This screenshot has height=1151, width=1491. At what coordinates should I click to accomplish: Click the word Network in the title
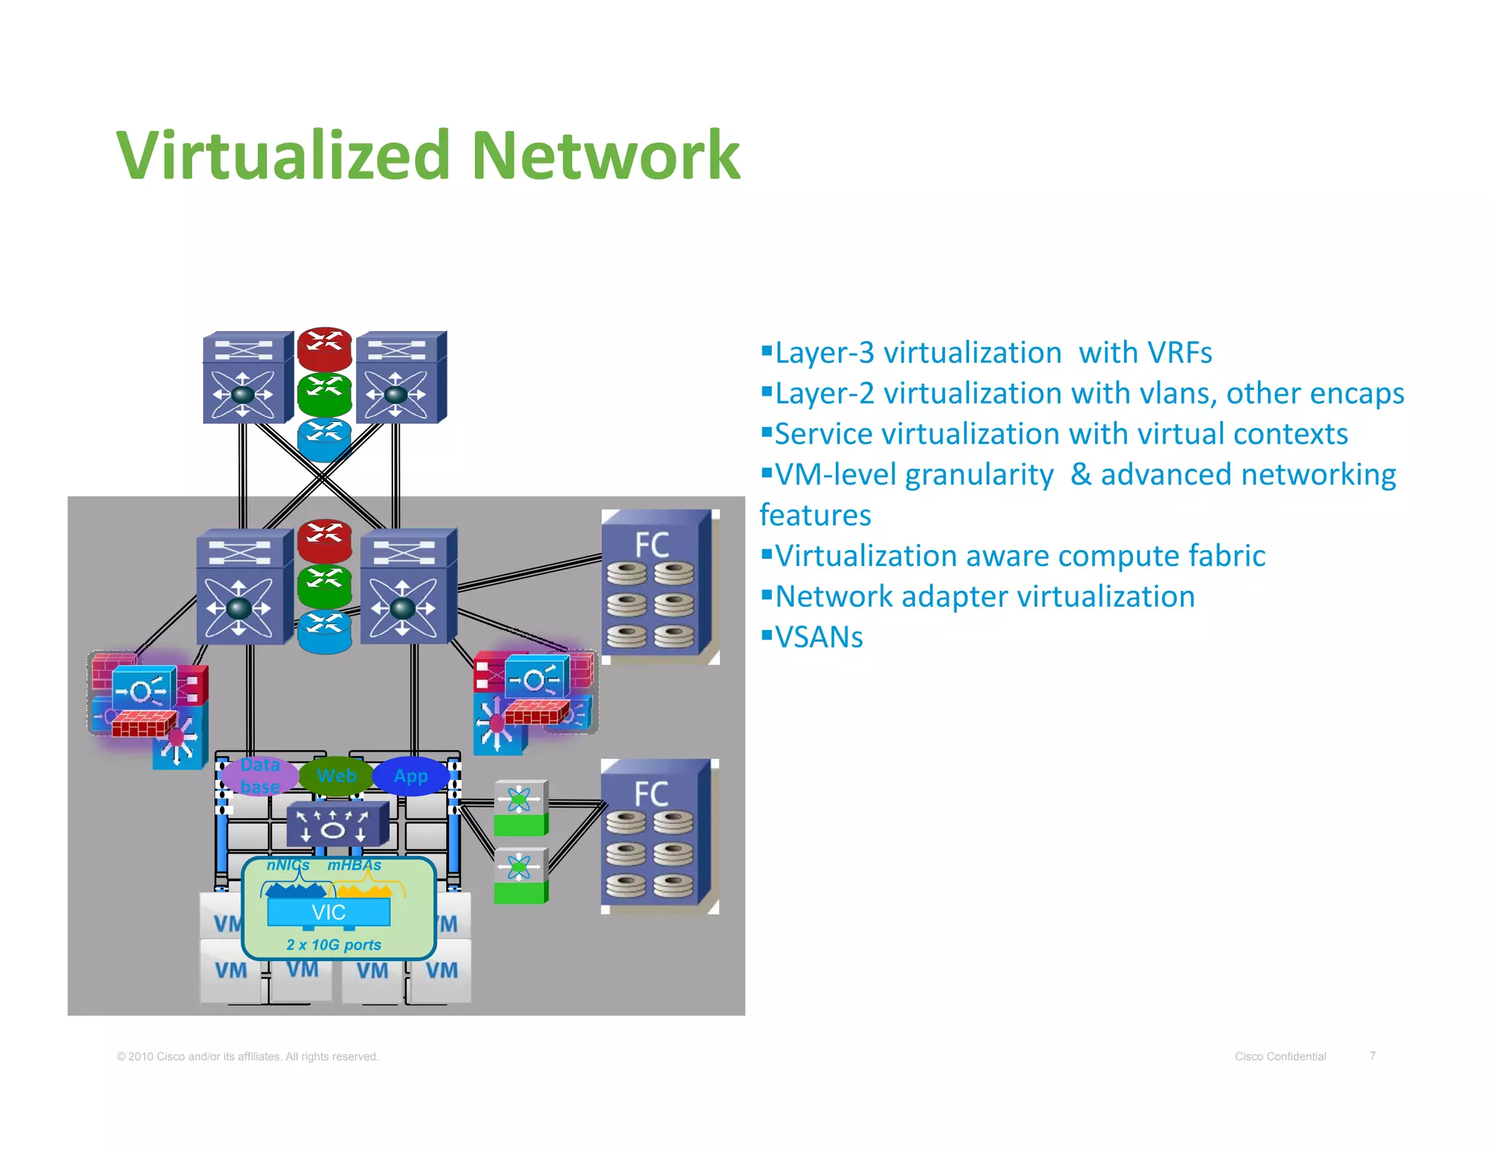(x=606, y=155)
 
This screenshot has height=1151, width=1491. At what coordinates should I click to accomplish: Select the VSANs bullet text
(x=819, y=637)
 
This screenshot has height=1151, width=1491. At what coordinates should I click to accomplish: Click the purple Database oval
(x=259, y=776)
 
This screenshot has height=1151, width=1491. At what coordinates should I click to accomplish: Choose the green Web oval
(x=336, y=776)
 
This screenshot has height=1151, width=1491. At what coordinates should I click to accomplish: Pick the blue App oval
(x=411, y=776)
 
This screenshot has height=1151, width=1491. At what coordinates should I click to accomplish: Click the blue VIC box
(x=328, y=912)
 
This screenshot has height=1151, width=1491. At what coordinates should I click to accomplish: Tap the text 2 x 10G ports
(x=333, y=944)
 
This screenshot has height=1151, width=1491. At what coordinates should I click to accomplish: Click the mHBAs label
(x=354, y=865)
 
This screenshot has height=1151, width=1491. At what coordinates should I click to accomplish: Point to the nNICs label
(x=288, y=865)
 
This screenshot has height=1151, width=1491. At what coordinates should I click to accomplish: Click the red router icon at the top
(x=325, y=347)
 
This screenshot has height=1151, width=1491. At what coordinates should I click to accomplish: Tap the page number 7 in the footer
(x=1372, y=1055)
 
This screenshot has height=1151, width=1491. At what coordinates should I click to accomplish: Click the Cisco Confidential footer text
(x=1280, y=1056)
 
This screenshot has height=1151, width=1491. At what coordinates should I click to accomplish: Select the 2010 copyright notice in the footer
(x=248, y=1056)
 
